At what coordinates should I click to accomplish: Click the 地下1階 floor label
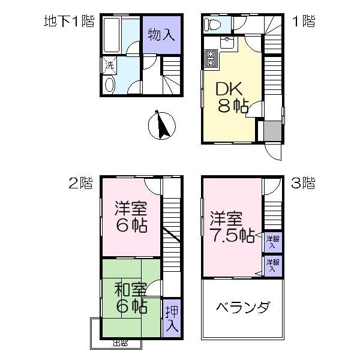click(69, 22)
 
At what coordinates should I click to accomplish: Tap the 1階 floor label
click(303, 22)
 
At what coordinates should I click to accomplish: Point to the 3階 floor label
click(303, 183)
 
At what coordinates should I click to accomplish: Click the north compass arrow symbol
click(160, 125)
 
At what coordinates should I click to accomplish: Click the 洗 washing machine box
click(109, 65)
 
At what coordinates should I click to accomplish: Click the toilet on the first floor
click(212, 25)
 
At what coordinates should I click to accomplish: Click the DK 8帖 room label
click(232, 97)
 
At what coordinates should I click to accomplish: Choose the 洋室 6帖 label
click(131, 218)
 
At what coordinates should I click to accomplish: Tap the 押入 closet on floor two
click(171, 319)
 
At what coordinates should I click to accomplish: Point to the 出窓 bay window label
click(120, 344)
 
